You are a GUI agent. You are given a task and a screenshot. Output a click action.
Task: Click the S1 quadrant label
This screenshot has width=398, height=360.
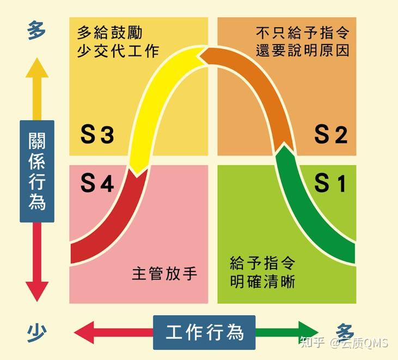tap(330, 183)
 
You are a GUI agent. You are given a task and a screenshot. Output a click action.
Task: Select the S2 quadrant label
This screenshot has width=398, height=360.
tap(330, 134)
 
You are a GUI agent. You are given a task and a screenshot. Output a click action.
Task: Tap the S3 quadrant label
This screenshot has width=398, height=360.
tap(97, 134)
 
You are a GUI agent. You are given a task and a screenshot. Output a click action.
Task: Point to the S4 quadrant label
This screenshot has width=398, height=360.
tap(97, 183)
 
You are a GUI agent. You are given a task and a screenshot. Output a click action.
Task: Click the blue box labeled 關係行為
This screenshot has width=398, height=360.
tap(37, 171)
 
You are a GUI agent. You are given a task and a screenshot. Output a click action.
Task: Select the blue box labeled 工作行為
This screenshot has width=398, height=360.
tap(204, 332)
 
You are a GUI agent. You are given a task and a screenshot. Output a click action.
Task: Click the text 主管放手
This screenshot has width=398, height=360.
tap(164, 274)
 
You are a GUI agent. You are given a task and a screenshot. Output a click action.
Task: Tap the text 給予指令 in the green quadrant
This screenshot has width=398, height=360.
tap(262, 263)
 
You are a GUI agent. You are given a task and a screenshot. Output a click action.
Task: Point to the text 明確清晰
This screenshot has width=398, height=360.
tap(262, 281)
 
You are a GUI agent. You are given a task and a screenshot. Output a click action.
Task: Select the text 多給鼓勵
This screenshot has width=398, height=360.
tap(109, 33)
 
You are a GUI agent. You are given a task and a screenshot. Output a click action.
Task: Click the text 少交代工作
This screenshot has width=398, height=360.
tap(118, 51)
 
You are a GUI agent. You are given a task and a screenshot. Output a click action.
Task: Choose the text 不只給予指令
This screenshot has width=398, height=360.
tap(302, 33)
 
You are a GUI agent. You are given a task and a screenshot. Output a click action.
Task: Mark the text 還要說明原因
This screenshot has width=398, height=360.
tap(302, 51)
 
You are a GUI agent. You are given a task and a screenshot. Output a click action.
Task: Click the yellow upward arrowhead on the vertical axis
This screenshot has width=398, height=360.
tap(37, 69)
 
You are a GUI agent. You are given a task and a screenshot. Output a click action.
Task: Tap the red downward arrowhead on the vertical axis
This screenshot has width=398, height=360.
tap(37, 291)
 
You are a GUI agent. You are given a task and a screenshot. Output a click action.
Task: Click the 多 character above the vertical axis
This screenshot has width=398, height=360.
tap(36, 30)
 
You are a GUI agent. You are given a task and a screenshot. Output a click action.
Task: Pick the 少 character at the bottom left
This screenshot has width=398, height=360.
tap(36, 333)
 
